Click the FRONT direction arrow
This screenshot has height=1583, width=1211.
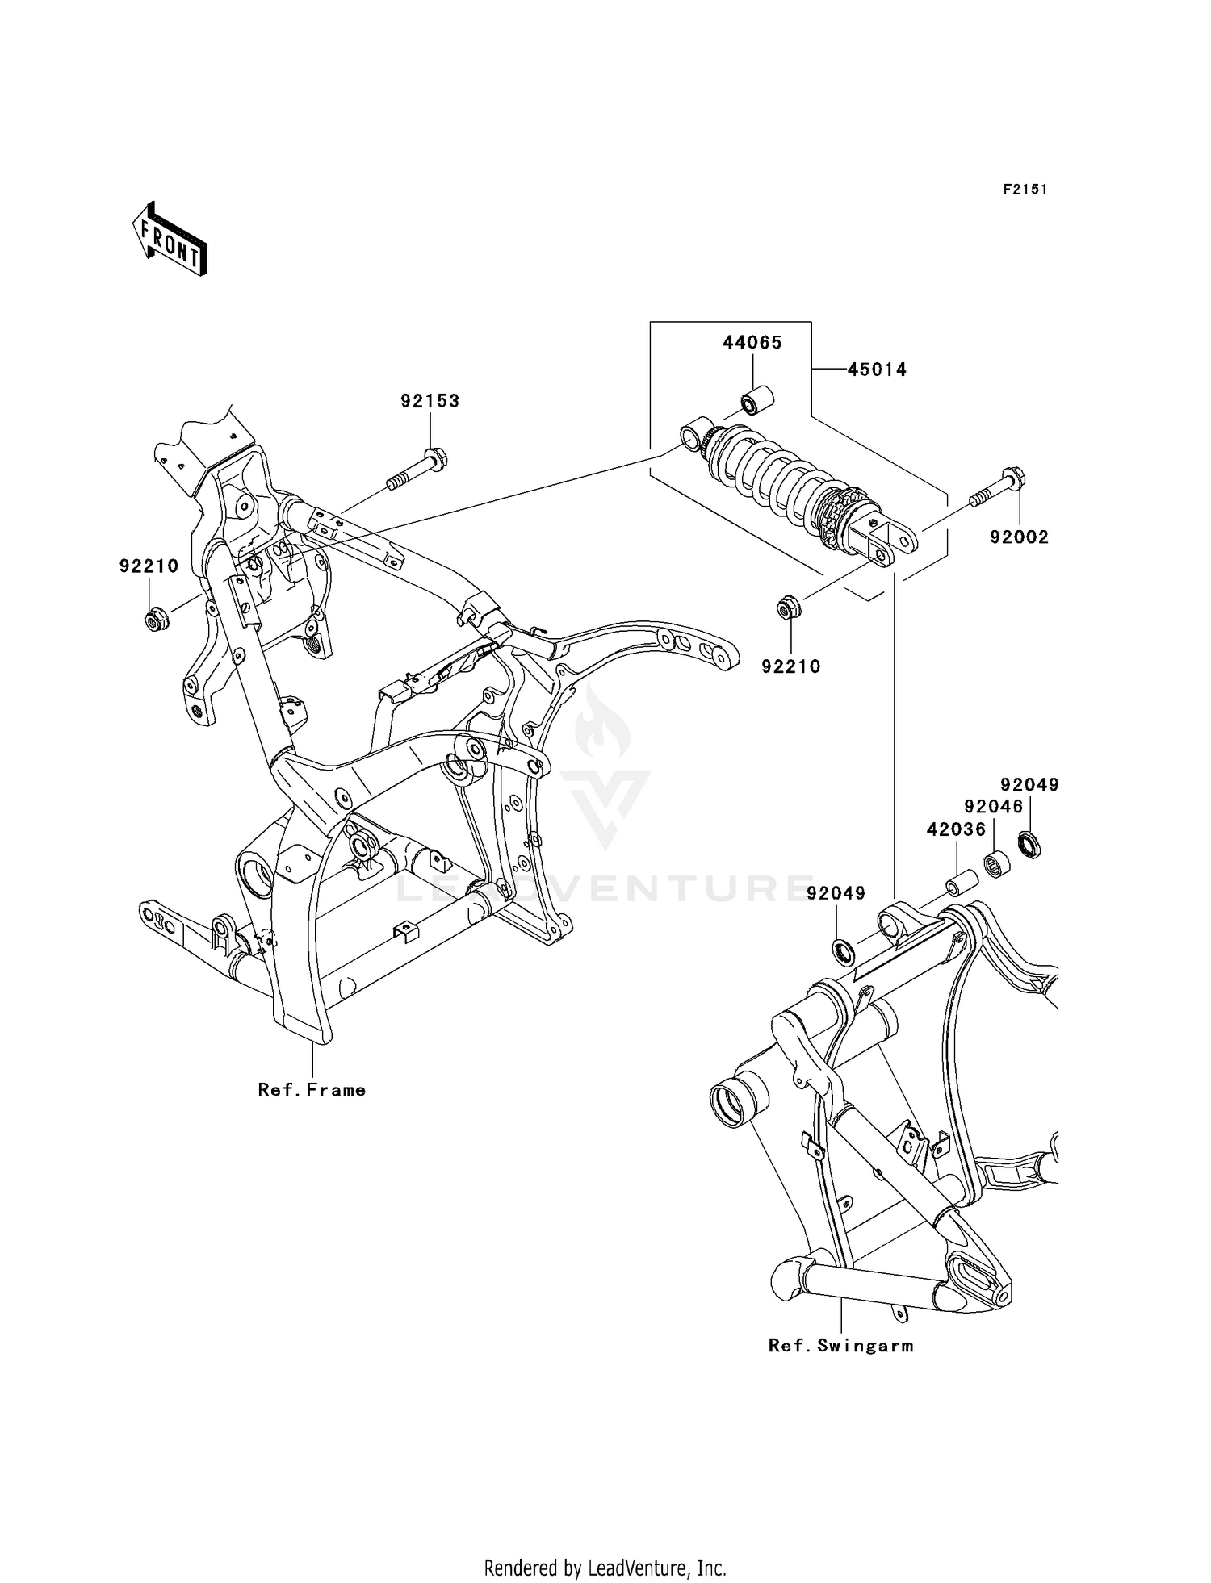[x=169, y=240]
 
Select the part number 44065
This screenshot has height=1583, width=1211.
[x=752, y=342]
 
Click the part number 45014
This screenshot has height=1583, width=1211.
[x=877, y=370]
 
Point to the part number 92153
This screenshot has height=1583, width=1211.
[x=430, y=401]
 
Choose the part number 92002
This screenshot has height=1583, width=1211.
[x=1019, y=537]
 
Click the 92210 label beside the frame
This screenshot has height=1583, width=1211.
[x=149, y=566]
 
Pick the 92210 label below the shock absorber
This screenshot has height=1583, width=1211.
[x=790, y=666]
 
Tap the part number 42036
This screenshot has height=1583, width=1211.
[x=956, y=829]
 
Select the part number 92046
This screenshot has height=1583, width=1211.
[x=994, y=806]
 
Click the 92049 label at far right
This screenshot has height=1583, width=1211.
[x=1029, y=784]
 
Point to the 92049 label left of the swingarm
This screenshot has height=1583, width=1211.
[x=836, y=893]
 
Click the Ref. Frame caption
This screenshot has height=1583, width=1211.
[x=312, y=1090]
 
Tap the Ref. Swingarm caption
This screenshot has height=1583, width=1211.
[x=840, y=1346]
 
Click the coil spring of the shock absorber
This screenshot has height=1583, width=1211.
[x=771, y=472]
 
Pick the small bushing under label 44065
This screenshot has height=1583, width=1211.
[x=757, y=399]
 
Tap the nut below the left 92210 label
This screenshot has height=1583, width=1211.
[x=154, y=620]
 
